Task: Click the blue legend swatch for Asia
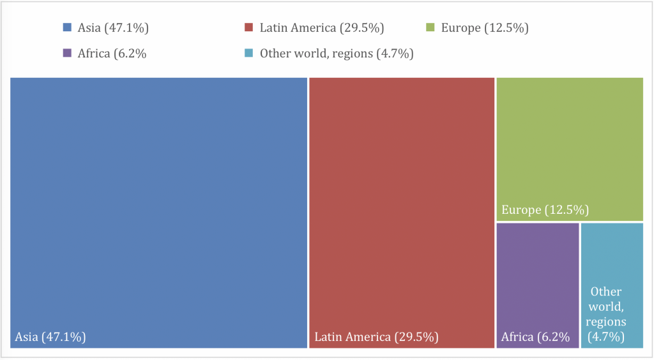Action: point(67,27)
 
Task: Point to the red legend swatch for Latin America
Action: point(249,27)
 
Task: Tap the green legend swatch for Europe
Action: point(430,27)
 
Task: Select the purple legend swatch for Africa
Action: point(67,54)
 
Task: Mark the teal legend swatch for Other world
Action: point(249,54)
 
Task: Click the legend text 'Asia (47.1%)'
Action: point(113,27)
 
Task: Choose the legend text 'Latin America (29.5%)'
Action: point(322,27)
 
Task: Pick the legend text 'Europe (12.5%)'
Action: point(485,27)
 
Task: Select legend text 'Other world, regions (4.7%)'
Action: point(337,54)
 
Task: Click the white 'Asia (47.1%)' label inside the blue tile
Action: point(50,337)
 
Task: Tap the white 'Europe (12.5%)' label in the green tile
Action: point(545,210)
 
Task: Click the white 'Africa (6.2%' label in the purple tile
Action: point(535,337)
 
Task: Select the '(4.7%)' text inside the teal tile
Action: point(605,337)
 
